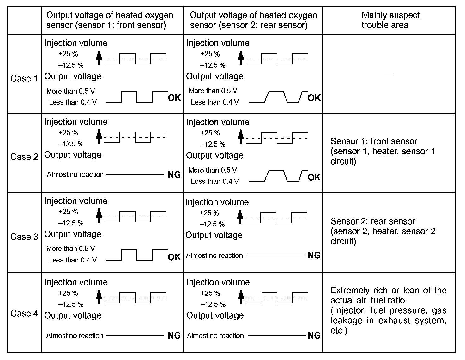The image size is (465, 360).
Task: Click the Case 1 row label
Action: (24, 78)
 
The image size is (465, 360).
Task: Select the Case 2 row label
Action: (24, 157)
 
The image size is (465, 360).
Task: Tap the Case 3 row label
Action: (24, 237)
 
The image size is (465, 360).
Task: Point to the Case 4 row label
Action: (24, 313)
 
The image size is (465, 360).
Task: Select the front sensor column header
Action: (110, 20)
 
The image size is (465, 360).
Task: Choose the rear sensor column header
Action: (253, 20)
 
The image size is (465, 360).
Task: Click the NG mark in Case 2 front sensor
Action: (174, 175)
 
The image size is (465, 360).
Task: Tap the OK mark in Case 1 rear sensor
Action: (314, 98)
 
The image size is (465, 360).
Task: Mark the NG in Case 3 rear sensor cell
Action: (314, 255)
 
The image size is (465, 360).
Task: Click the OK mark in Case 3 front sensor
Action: (174, 257)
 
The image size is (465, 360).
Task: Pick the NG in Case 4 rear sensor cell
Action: (314, 335)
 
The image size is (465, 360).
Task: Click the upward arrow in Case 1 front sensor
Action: (99, 58)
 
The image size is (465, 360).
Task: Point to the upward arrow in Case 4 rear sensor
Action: (241, 297)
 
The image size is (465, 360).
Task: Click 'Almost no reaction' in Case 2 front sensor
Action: (75, 175)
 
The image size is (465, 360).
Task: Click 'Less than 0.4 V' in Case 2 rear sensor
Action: (214, 182)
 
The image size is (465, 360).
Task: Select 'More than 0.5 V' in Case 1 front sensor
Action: (70, 91)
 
